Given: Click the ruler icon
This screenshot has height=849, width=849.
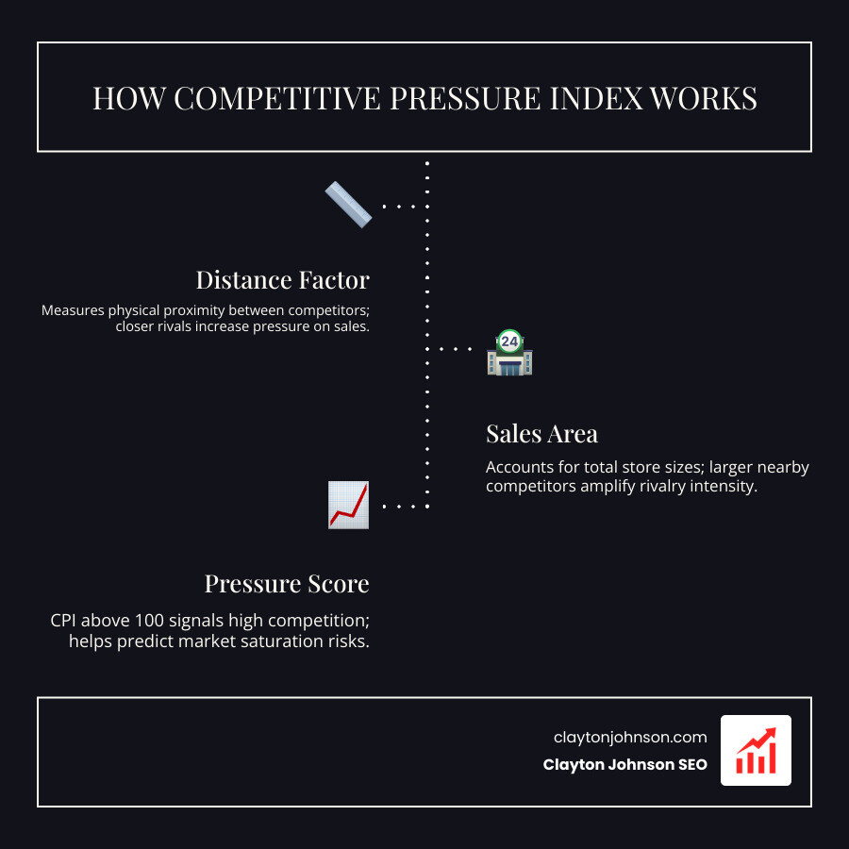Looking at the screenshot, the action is pyautogui.click(x=348, y=205).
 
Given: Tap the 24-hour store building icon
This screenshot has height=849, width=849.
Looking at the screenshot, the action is pyautogui.click(x=509, y=353).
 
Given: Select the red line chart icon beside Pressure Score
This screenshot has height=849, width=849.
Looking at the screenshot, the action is pyautogui.click(x=348, y=505).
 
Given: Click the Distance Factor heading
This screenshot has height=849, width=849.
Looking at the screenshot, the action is pyautogui.click(x=282, y=280).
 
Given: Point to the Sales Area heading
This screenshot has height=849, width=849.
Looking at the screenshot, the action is pyautogui.click(x=541, y=434).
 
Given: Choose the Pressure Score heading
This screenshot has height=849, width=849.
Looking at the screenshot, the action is pyautogui.click(x=287, y=584).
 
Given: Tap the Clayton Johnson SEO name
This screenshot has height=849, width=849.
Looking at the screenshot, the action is pyautogui.click(x=624, y=765).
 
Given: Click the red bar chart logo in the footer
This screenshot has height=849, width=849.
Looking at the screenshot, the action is pyautogui.click(x=756, y=750).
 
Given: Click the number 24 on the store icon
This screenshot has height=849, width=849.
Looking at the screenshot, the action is pyautogui.click(x=509, y=341).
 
